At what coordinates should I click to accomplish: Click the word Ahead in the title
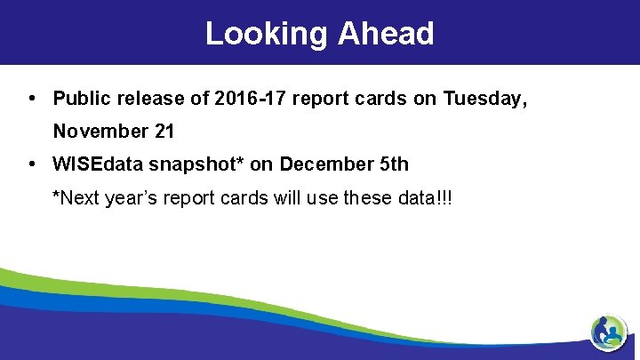pos(386,34)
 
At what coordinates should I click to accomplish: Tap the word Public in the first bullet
pos(81,99)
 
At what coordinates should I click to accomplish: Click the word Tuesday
pos(483,99)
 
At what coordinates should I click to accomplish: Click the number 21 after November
pos(164,132)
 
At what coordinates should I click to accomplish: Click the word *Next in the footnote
pos(76,197)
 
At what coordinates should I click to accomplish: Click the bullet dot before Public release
pos(32,99)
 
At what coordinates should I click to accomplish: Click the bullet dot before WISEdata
pos(32,164)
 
